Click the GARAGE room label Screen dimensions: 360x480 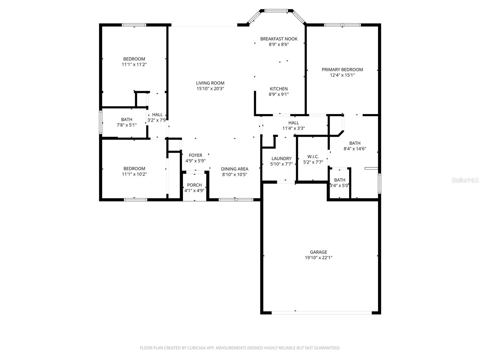(318, 252)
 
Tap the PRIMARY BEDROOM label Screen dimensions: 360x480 (342, 70)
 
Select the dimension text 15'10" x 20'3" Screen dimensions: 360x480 (210, 88)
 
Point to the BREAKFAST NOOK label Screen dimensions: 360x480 (279, 39)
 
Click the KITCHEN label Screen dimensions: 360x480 (279, 89)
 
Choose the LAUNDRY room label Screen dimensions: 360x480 (281, 158)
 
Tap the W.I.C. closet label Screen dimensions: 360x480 (313, 157)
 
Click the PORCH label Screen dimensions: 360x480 (194, 185)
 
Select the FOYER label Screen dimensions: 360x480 (195, 155)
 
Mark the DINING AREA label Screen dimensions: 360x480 (235, 169)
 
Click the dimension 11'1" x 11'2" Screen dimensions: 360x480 (134, 64)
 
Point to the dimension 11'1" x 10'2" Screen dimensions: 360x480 (134, 174)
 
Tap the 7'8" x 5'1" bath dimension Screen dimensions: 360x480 (127, 125)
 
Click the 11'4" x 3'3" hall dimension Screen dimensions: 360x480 (294, 128)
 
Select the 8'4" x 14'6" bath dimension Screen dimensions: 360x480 (355, 148)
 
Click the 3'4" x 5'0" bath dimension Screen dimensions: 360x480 (339, 185)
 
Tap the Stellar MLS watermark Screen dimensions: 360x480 (465, 180)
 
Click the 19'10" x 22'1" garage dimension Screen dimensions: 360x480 (318, 257)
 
